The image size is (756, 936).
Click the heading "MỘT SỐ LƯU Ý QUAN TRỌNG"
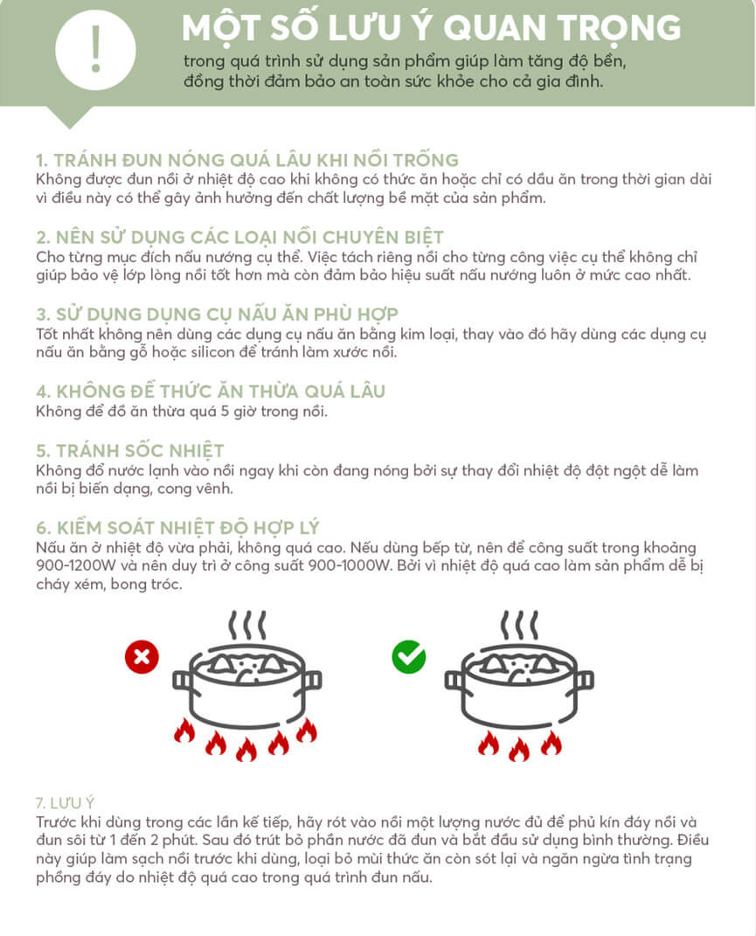[x=431, y=28]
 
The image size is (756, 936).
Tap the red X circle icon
[x=141, y=656]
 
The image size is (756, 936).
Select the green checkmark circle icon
[x=408, y=656]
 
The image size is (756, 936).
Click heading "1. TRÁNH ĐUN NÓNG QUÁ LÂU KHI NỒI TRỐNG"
[x=247, y=161]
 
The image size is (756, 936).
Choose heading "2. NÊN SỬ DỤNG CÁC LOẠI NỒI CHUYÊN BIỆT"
[x=239, y=238]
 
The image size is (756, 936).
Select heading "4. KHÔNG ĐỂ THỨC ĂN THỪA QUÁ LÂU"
[x=211, y=391]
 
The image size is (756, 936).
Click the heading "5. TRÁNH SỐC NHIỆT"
[x=130, y=451]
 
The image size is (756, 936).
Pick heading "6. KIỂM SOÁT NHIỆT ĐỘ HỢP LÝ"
[x=177, y=528]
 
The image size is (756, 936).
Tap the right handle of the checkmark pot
[x=584, y=680]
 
